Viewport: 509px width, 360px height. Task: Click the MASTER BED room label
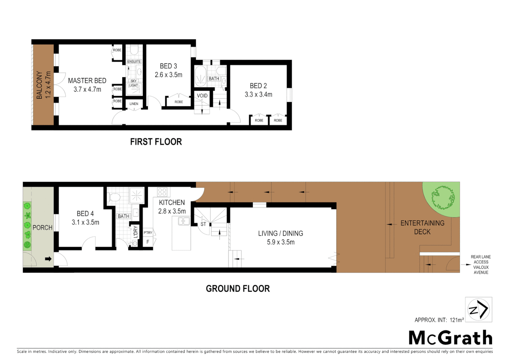[87, 81]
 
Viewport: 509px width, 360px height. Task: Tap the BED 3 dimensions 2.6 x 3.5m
[168, 75]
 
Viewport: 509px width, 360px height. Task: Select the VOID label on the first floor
[202, 96]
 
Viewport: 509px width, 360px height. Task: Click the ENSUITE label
[134, 62]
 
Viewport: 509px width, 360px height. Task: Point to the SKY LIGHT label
[134, 83]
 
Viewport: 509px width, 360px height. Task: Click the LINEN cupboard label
[134, 104]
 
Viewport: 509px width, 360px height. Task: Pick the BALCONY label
[39, 85]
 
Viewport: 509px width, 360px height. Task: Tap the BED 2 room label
[258, 86]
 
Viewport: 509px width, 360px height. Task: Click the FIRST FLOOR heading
[156, 142]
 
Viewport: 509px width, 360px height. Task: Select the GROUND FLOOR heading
[238, 289]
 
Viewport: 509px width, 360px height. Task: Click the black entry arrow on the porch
[48, 259]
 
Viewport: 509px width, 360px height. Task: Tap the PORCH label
[42, 228]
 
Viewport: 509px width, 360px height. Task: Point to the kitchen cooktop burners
[162, 192]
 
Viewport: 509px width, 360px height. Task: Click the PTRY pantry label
[148, 233]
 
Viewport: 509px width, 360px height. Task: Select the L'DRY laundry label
[136, 232]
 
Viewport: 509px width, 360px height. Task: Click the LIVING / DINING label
[280, 234]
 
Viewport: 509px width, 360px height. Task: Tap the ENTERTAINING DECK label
[422, 227]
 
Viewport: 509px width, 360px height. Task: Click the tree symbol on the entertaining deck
[443, 198]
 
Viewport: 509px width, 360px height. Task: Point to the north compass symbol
[478, 310]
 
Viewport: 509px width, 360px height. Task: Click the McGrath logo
[450, 338]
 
